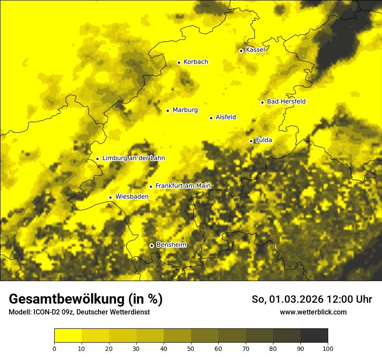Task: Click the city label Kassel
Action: (255, 50)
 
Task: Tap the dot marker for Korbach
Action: (179, 62)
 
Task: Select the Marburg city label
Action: (185, 110)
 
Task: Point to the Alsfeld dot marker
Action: (211, 118)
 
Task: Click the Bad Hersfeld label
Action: (286, 101)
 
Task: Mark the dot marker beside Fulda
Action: (251, 141)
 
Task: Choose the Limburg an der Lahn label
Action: (133, 158)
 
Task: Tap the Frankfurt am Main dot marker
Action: (151, 187)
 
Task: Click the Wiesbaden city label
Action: (132, 196)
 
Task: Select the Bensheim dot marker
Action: (151, 245)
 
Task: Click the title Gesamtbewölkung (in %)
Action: (86, 299)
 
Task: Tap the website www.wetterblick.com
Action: (313, 312)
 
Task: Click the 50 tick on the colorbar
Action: (191, 348)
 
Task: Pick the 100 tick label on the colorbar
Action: (328, 348)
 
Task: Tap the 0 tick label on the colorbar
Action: (54, 348)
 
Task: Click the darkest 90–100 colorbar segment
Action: (314, 335)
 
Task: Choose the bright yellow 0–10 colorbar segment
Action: (68, 335)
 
